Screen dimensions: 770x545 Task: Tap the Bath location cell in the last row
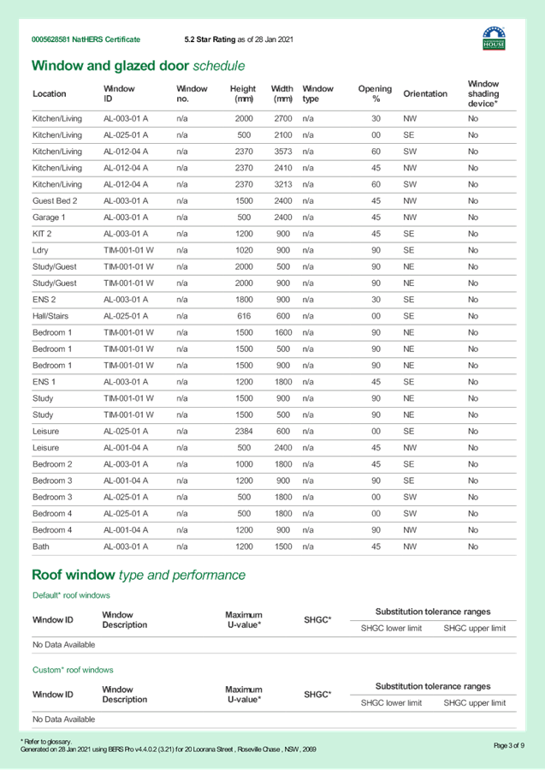click(x=40, y=546)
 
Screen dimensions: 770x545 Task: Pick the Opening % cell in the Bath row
click(x=376, y=546)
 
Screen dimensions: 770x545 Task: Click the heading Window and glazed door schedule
click(x=138, y=66)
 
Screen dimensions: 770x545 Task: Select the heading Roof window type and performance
click(x=138, y=575)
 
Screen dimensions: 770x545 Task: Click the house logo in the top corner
click(x=494, y=38)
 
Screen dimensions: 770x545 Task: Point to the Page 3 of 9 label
click(x=509, y=745)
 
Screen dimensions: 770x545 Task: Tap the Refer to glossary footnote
click(x=46, y=742)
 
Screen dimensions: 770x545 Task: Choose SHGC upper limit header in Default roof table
click(x=474, y=630)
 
